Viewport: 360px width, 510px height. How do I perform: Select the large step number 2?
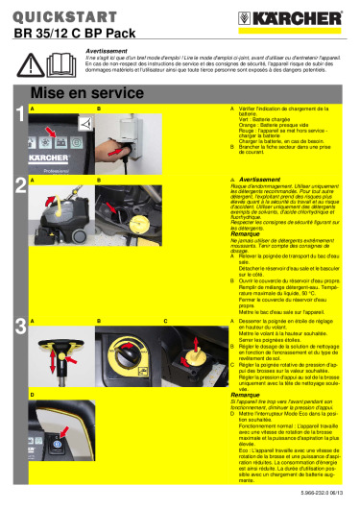click(19, 188)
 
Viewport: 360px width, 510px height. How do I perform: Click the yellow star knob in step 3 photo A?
click(48, 343)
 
